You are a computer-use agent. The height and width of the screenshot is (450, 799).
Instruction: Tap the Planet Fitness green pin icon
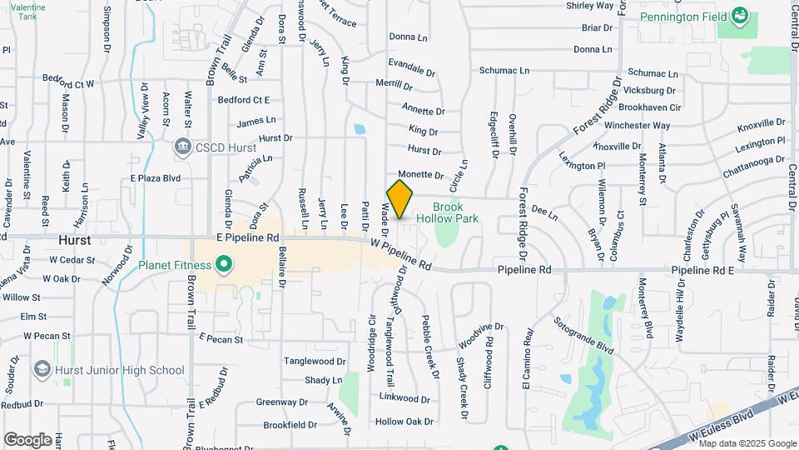(x=223, y=266)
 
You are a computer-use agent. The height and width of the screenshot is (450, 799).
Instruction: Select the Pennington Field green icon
(x=739, y=16)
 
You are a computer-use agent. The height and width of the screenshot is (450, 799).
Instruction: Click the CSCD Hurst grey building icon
(x=182, y=147)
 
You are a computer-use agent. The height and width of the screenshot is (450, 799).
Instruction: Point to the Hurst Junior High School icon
(x=42, y=369)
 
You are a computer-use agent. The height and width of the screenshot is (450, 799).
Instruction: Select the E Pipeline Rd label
(x=249, y=237)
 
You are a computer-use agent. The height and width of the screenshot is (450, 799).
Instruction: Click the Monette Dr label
(x=427, y=174)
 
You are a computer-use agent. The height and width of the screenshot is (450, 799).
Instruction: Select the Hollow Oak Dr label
(x=404, y=422)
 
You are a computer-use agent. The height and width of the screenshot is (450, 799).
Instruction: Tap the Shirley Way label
(x=590, y=6)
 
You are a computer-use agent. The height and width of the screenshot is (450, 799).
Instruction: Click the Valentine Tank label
(x=30, y=12)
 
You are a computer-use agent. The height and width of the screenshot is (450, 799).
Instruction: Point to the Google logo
(x=27, y=439)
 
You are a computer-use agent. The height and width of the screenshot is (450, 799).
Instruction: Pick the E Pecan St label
(x=221, y=339)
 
